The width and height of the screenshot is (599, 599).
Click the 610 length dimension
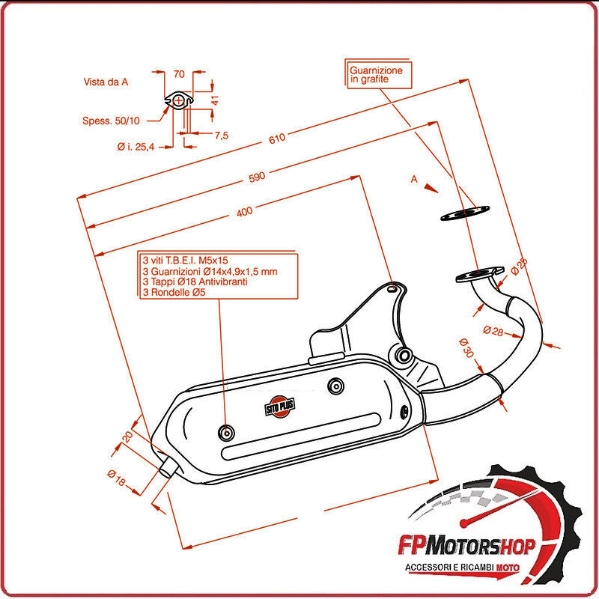point(278,138)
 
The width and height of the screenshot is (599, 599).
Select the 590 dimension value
point(258,177)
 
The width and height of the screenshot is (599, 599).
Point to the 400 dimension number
point(244,212)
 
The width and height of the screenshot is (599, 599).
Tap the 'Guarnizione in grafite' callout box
point(376,74)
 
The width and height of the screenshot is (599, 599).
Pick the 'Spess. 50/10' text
point(110,120)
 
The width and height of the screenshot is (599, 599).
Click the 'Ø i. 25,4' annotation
point(136,147)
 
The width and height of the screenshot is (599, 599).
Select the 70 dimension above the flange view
point(178,74)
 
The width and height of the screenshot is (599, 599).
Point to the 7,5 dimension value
point(221,136)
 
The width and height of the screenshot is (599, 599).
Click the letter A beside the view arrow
point(413,180)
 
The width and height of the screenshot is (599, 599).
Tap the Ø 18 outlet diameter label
point(117,478)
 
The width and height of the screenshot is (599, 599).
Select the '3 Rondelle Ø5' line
point(173,293)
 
